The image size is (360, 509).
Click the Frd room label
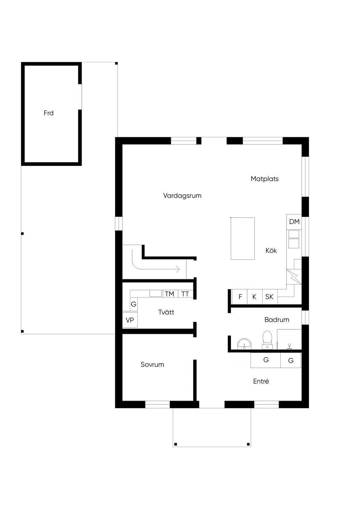49,113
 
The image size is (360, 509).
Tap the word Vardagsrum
182,196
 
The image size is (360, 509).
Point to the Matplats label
264,179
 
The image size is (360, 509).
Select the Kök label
271,250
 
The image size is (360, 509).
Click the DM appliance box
294,221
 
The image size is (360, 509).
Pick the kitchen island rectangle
243,238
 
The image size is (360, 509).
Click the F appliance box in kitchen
240,297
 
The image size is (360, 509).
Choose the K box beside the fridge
255,297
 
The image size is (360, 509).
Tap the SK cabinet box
270,297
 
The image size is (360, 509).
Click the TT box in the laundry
185,294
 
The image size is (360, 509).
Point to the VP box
130,320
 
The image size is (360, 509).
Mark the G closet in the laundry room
134,304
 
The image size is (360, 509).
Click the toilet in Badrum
267,340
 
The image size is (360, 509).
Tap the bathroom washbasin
244,343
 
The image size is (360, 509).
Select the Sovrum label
152,365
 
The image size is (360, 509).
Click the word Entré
261,381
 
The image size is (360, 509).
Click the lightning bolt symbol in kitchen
294,276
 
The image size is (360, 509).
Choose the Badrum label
277,320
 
